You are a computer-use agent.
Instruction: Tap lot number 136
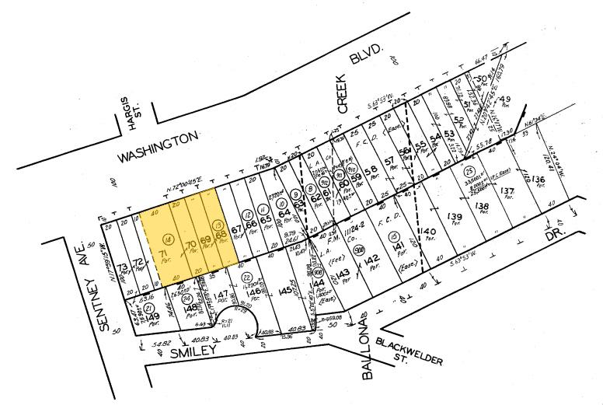(539, 181)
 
